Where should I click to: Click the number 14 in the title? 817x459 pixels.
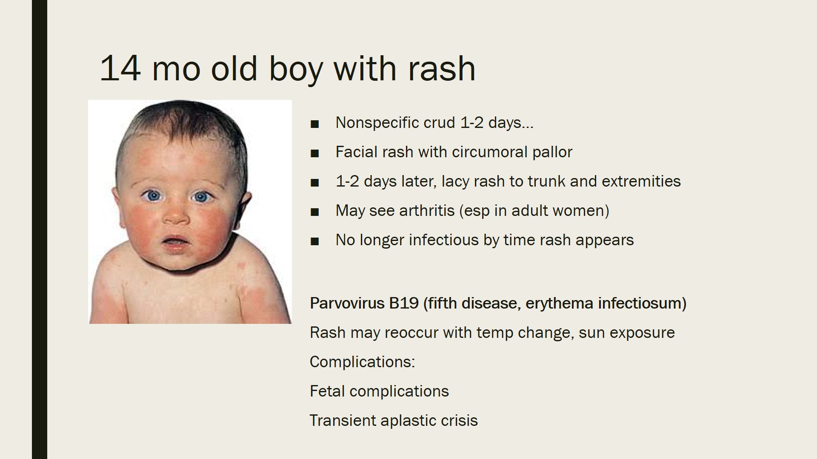coord(120,68)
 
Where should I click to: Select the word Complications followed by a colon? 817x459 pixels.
coord(362,362)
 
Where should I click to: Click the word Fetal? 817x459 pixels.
coord(326,391)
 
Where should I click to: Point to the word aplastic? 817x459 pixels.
coord(408,421)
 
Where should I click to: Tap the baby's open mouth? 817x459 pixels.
coord(174,242)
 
